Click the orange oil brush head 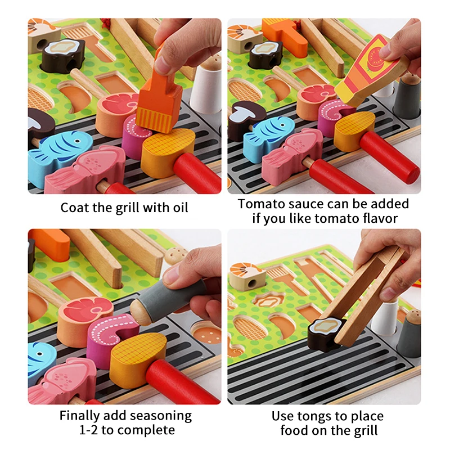(159, 107)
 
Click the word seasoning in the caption (161, 417)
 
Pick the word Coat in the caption (75, 208)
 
